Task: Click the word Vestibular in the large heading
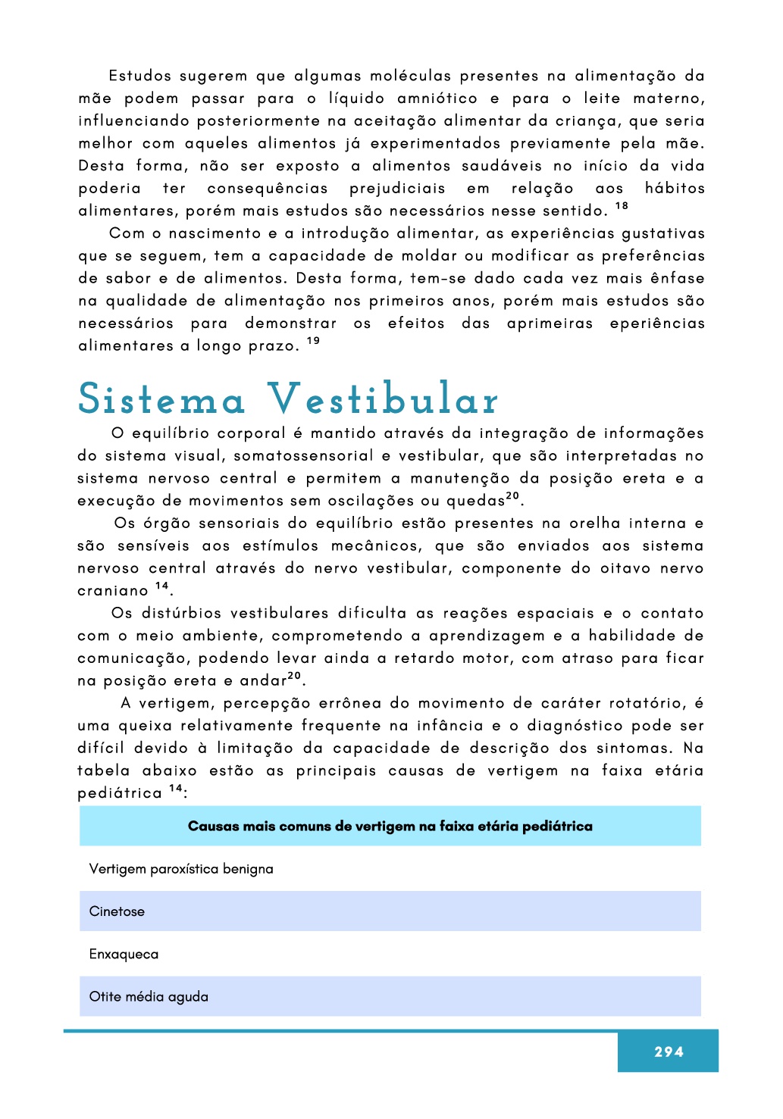(x=383, y=399)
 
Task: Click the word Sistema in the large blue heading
(x=161, y=399)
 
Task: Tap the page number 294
(x=669, y=1052)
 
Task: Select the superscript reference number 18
(x=622, y=206)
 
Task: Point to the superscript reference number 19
(x=313, y=341)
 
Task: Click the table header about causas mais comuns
(x=390, y=826)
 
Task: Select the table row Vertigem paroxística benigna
(x=181, y=869)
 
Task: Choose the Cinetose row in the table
(x=117, y=911)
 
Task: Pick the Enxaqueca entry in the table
(x=124, y=954)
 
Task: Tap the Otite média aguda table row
(x=149, y=996)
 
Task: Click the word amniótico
(x=437, y=98)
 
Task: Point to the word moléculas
(x=410, y=76)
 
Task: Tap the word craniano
(x=113, y=591)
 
